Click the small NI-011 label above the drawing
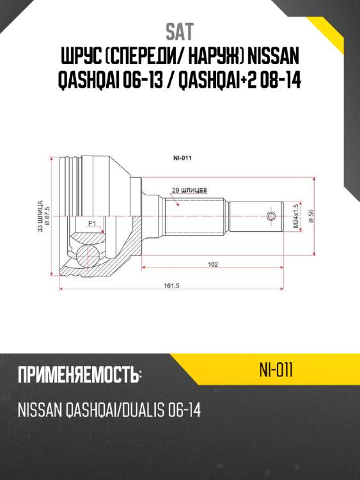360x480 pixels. (x=183, y=157)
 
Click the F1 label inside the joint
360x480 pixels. (x=91, y=223)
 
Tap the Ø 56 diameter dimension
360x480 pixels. (x=310, y=216)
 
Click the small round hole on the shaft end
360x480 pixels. (x=272, y=216)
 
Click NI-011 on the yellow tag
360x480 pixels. (x=276, y=371)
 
